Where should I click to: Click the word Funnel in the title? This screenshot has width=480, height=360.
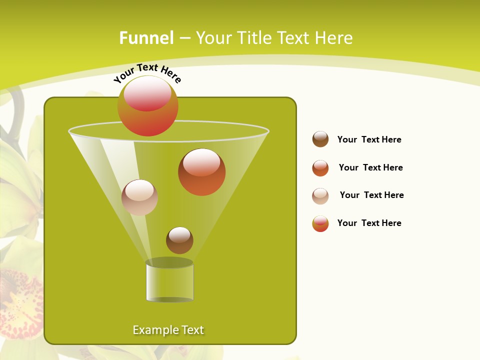pyautogui.click(x=146, y=38)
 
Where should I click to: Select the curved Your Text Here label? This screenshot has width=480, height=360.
pyautogui.click(x=147, y=73)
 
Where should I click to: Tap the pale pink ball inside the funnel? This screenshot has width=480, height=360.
pyautogui.click(x=139, y=198)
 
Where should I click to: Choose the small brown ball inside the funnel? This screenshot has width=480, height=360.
pyautogui.click(x=179, y=241)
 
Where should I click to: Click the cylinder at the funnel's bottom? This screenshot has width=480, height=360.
pyautogui.click(x=169, y=282)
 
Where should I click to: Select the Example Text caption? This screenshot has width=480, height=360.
pyautogui.click(x=168, y=330)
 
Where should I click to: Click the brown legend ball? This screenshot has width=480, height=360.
pyautogui.click(x=320, y=139)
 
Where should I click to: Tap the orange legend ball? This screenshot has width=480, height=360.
pyautogui.click(x=320, y=168)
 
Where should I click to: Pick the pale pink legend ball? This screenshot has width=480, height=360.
pyautogui.click(x=320, y=196)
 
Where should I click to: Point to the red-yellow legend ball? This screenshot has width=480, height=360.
pyautogui.click(x=320, y=223)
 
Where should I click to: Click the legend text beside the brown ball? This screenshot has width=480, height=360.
pyautogui.click(x=369, y=139)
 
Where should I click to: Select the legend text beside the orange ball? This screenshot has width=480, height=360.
pyautogui.click(x=370, y=167)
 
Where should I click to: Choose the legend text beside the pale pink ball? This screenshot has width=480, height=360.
pyautogui.click(x=371, y=195)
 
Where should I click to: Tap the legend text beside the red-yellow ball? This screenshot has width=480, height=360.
pyautogui.click(x=369, y=223)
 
